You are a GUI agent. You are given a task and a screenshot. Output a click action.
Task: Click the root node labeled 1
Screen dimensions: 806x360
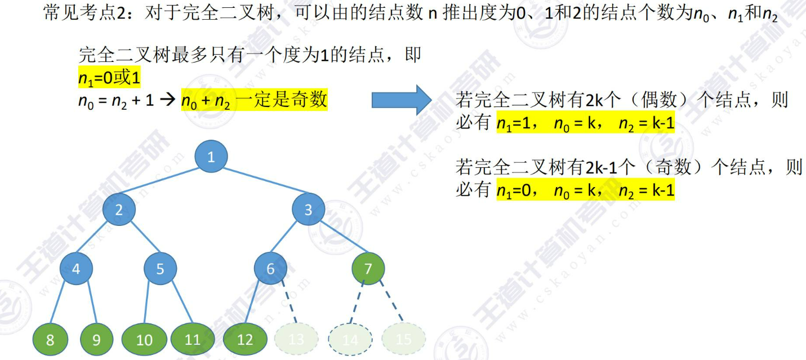point(211,157)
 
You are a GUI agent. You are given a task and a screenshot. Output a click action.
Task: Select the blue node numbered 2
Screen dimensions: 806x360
point(119,210)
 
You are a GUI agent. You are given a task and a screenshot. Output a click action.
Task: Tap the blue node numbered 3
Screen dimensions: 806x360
point(308,210)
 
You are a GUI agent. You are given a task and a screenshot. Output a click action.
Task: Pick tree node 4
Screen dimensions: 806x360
point(75,269)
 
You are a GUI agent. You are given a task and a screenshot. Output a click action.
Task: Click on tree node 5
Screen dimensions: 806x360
point(160,269)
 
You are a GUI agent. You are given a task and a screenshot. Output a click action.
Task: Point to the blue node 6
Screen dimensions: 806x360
point(270,269)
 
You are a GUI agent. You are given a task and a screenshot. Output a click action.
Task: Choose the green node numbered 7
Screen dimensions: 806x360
point(368,269)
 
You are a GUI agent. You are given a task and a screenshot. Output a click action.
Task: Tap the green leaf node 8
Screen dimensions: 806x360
point(50,339)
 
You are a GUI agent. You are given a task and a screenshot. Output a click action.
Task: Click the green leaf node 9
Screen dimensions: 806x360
point(96,339)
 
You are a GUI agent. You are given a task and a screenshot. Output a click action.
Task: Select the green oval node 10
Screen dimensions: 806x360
point(144,339)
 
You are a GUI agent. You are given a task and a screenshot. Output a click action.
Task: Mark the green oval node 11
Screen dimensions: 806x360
point(193,339)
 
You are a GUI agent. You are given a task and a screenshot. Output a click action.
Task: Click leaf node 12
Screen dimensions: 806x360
point(245,339)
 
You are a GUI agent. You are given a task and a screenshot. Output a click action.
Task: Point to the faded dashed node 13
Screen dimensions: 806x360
point(296,339)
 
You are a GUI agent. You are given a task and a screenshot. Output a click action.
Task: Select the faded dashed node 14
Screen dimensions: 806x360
point(350,339)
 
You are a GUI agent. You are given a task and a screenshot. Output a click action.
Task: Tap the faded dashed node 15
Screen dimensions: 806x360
point(404,339)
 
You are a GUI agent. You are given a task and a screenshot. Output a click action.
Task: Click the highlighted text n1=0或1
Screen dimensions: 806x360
point(109,78)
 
